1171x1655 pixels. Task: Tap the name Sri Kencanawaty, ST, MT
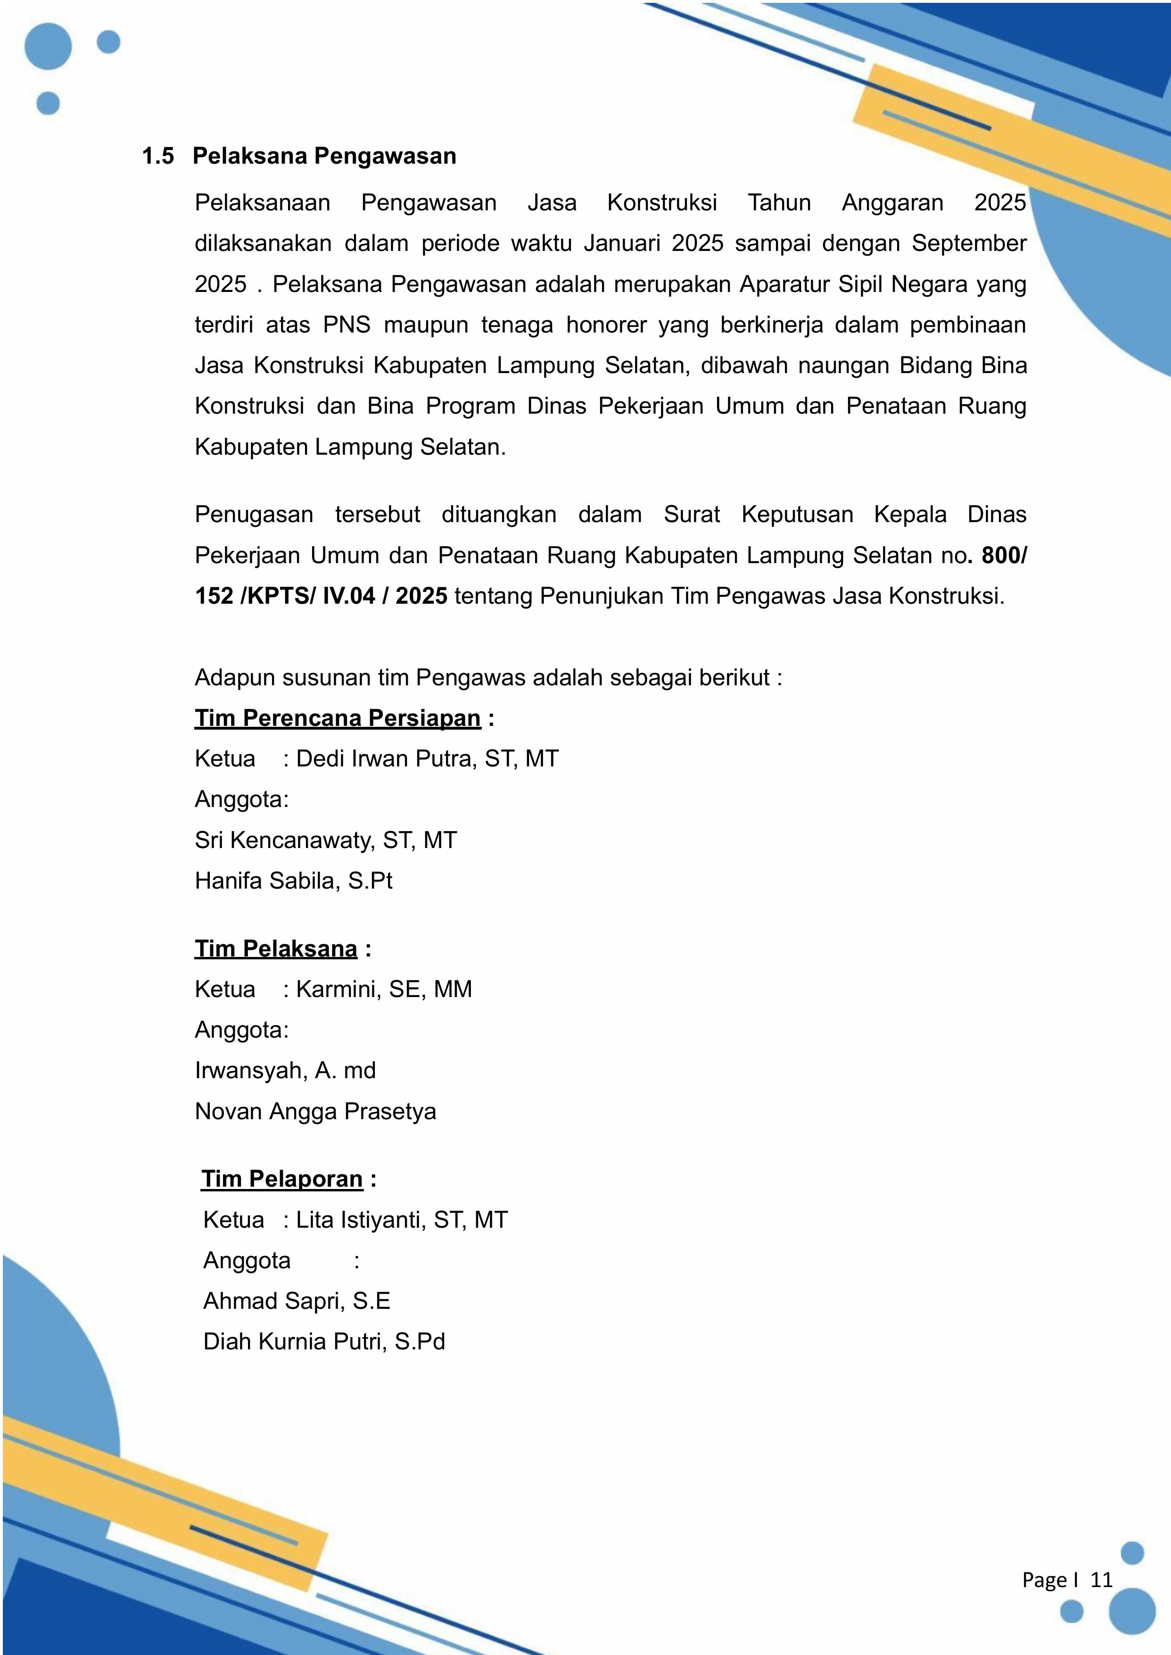tap(325, 840)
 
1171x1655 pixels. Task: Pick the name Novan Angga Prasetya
tap(315, 1111)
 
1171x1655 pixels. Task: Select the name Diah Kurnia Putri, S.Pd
tap(324, 1341)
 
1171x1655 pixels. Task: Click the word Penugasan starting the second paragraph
tap(254, 515)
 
